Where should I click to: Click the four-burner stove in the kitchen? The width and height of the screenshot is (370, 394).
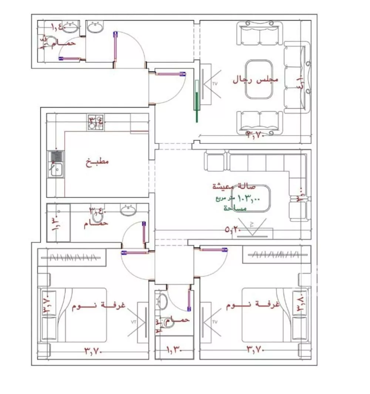(95, 122)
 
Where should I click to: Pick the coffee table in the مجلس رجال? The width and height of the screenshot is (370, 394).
(259, 79)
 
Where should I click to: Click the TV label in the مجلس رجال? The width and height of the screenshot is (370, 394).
(215, 84)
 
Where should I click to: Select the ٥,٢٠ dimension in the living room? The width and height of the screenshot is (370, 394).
(233, 230)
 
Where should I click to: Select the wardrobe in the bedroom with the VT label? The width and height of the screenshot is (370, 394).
(72, 256)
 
